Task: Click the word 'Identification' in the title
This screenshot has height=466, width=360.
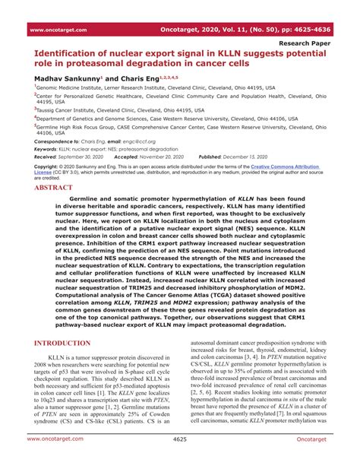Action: (70, 55)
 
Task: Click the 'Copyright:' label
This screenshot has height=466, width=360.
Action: (48, 165)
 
